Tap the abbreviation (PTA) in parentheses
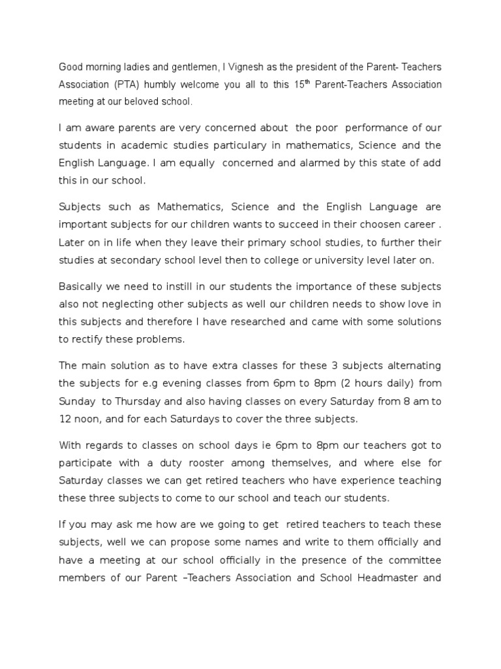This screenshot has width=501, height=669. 126,85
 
